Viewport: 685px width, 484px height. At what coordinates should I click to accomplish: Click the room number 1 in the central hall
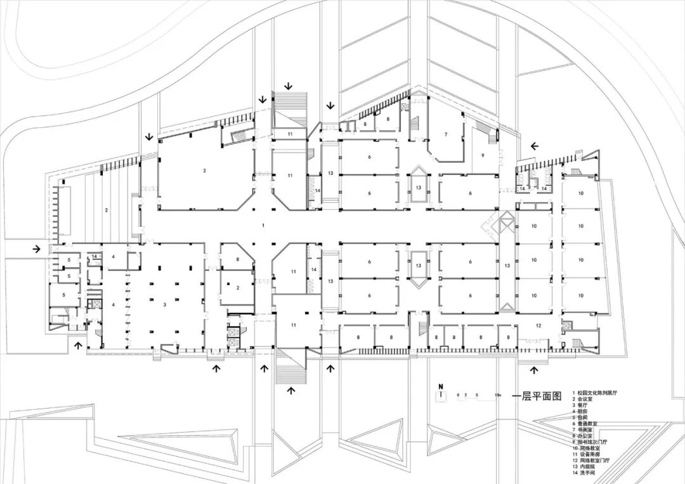click(263, 226)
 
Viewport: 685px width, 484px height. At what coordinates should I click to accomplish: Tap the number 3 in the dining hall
click(164, 305)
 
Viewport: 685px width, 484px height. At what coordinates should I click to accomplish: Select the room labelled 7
click(446, 134)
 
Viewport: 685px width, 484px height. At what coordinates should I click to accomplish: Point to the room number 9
click(482, 155)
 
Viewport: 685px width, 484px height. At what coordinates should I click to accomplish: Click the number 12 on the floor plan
click(538, 325)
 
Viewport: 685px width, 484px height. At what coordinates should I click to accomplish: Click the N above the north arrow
click(439, 386)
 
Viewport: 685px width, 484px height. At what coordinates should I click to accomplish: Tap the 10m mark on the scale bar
click(499, 396)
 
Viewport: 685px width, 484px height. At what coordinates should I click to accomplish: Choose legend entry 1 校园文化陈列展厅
click(594, 393)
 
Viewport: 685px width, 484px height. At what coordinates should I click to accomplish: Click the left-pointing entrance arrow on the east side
click(534, 146)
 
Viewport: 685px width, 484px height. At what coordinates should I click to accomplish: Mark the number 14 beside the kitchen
click(95, 257)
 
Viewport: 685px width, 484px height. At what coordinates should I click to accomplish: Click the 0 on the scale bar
click(458, 396)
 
